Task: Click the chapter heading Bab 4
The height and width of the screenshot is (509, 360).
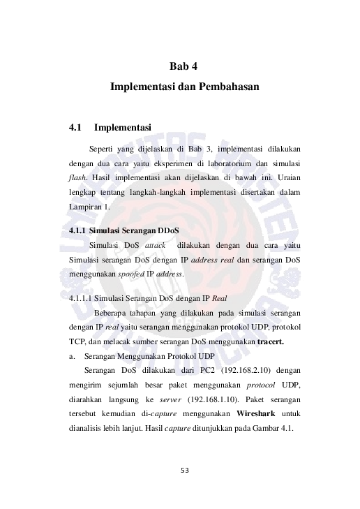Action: pos(184,67)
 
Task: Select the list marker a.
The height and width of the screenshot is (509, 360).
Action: pos(73,355)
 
